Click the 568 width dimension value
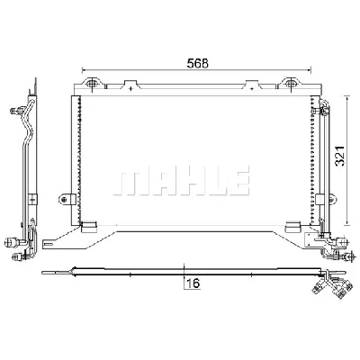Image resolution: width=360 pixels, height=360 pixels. pos(197,63)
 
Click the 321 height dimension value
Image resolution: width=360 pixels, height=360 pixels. pos(340,156)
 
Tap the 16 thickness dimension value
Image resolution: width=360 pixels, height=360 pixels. pos(193,283)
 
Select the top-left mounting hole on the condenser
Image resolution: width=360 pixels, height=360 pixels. pos(91,83)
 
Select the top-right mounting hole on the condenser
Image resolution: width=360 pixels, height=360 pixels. pos(289,83)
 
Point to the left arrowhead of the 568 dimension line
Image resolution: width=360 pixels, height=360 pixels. pos(84,70)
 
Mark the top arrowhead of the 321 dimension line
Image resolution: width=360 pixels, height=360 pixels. pos(347,98)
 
